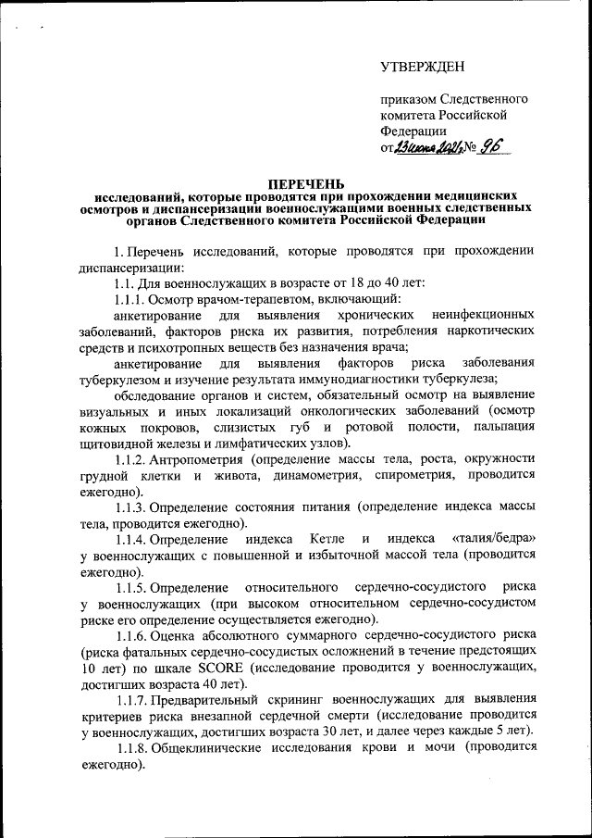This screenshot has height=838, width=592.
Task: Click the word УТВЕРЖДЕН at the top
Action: [424, 67]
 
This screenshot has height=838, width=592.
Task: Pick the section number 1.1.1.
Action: [129, 299]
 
